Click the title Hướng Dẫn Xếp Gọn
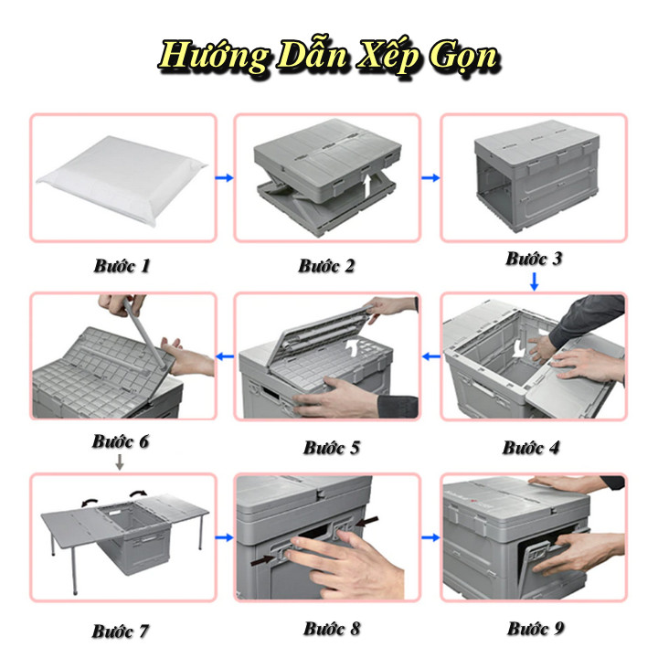pyautogui.click(x=329, y=57)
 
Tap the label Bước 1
pyautogui.click(x=122, y=266)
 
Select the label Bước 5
pyautogui.click(x=332, y=447)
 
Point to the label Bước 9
pyautogui.click(x=536, y=628)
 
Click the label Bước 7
pyautogui.click(x=121, y=631)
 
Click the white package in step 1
pyautogui.click(x=122, y=180)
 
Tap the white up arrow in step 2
pyautogui.click(x=367, y=186)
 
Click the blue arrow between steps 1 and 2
pyautogui.click(x=225, y=177)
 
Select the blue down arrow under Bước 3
pyautogui.click(x=535, y=281)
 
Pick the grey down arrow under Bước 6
pyautogui.click(x=120, y=462)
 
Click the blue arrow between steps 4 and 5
pyautogui.click(x=430, y=356)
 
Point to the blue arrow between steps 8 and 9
pyautogui.click(x=430, y=537)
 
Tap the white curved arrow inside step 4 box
pyautogui.click(x=519, y=347)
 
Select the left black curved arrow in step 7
pyautogui.click(x=90, y=502)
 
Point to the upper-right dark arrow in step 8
pyautogui.click(x=366, y=522)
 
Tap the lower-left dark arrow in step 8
pyautogui.click(x=262, y=559)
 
